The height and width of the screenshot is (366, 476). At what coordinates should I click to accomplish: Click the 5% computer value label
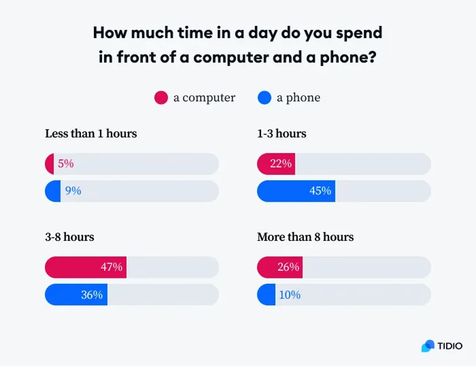66,164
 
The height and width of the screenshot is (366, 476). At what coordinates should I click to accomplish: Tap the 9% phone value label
73,191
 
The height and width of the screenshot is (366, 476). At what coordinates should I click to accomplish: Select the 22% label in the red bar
280,164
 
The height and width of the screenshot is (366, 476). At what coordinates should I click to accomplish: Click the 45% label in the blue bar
320,191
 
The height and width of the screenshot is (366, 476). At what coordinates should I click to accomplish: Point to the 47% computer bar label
111,267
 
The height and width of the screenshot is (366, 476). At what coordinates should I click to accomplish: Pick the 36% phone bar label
92,295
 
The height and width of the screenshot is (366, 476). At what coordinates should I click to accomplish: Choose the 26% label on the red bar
288,267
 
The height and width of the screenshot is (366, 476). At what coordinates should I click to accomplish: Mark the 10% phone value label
289,295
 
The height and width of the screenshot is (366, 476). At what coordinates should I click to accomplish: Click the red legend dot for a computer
161,98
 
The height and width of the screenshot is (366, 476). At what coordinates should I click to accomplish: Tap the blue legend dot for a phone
264,98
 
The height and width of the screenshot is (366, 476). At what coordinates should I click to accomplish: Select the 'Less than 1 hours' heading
91,134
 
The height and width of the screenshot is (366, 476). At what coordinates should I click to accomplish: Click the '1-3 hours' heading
281,134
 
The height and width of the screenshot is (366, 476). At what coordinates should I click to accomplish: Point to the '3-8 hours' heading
69,237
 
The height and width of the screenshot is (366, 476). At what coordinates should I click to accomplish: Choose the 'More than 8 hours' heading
305,237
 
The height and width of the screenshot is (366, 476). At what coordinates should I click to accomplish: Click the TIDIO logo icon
428,346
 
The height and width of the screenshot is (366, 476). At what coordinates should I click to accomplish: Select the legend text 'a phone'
298,98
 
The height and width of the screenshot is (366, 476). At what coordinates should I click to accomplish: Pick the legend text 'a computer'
204,98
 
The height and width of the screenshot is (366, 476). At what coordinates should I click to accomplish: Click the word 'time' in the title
183,33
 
